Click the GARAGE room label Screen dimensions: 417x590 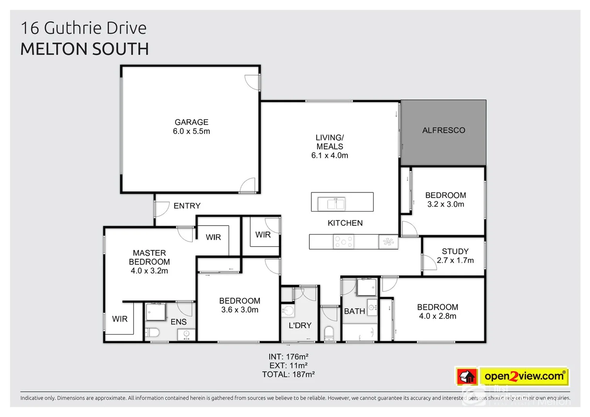(x=191, y=122)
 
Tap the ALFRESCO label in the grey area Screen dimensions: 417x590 (x=443, y=131)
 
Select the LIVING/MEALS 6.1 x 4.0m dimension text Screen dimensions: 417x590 (x=330, y=156)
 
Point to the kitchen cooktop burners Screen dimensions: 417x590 (x=343, y=242)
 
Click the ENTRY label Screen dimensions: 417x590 (x=187, y=206)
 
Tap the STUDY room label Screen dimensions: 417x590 (x=455, y=251)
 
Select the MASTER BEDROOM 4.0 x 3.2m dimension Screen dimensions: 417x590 (x=149, y=271)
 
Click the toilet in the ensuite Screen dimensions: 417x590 (x=152, y=333)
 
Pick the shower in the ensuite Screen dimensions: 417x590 (x=156, y=312)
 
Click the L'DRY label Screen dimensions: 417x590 (x=300, y=325)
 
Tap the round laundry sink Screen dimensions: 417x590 (x=287, y=310)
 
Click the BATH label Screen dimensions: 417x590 (x=354, y=311)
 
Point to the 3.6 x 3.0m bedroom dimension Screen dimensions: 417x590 (x=240, y=310)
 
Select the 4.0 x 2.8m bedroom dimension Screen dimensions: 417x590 (x=437, y=316)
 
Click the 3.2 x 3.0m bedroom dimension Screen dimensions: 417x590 (x=445, y=204)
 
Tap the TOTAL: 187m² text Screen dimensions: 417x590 (x=288, y=375)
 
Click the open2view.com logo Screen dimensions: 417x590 (x=524, y=376)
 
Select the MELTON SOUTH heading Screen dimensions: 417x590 (x=85, y=49)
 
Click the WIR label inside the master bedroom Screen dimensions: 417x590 (x=120, y=319)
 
